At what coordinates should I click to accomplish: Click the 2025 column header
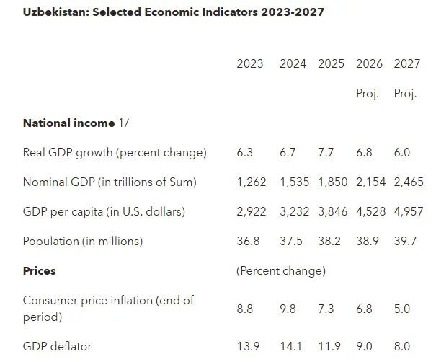[331, 63]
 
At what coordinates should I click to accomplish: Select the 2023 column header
[249, 63]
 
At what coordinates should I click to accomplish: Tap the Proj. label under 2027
[405, 94]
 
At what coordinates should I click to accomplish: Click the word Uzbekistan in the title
[56, 12]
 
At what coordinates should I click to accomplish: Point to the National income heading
[68, 123]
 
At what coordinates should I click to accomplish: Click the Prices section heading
[39, 270]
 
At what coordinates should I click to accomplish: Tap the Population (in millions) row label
[83, 242]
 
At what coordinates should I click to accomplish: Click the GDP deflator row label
[57, 346]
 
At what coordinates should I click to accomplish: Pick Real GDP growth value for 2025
[326, 152]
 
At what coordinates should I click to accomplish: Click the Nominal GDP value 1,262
[252, 182]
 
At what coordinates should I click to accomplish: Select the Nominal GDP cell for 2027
[409, 182]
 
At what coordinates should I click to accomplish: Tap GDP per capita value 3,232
[294, 212]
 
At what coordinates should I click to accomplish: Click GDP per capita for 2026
[370, 212]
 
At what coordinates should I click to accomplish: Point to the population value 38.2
[329, 242]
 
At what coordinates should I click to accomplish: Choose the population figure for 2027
[405, 242]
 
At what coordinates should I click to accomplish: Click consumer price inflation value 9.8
[288, 309]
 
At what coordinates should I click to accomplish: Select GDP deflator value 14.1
[290, 346]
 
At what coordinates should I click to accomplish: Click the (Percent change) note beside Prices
[281, 271]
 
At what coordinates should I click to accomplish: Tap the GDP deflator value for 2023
[248, 346]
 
